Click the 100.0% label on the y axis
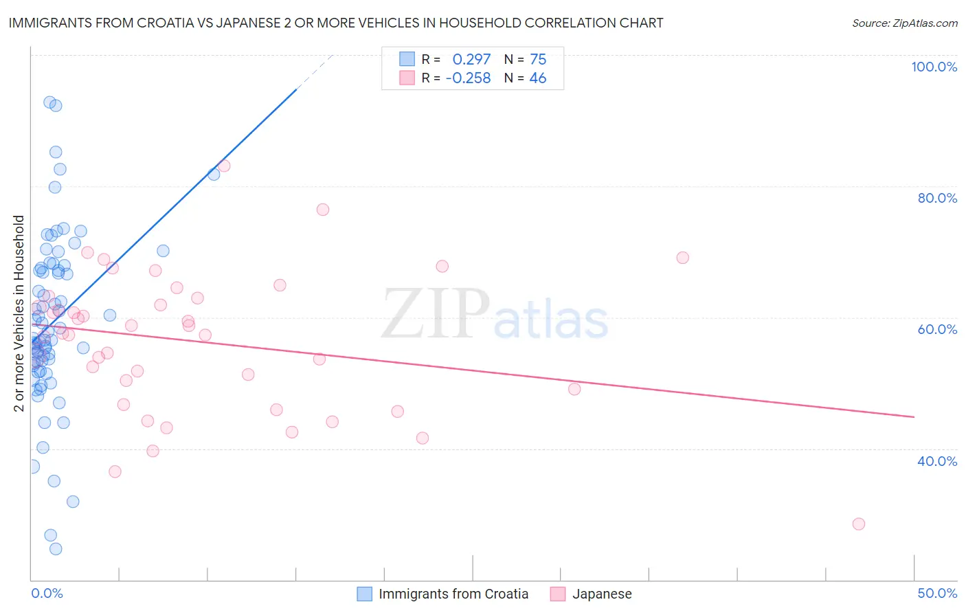[x=934, y=67]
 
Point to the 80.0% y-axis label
[x=937, y=198]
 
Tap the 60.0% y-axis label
[x=937, y=329]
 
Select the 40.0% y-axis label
[x=937, y=461]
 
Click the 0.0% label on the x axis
[x=47, y=593]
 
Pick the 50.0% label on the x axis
[x=937, y=593]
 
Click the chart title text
[x=336, y=23]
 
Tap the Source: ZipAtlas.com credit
[x=904, y=23]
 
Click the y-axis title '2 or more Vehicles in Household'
[x=19, y=313]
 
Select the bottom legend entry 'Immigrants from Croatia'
[x=453, y=594]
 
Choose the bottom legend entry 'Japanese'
[x=602, y=594]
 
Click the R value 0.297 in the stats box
[x=471, y=60]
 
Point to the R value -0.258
[x=468, y=78]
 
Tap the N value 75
[x=538, y=60]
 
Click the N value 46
[x=538, y=78]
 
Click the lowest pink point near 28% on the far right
[x=858, y=524]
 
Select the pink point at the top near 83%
[x=223, y=166]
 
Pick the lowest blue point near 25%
[x=56, y=548]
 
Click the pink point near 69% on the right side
[x=682, y=258]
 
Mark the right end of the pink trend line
[x=914, y=416]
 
